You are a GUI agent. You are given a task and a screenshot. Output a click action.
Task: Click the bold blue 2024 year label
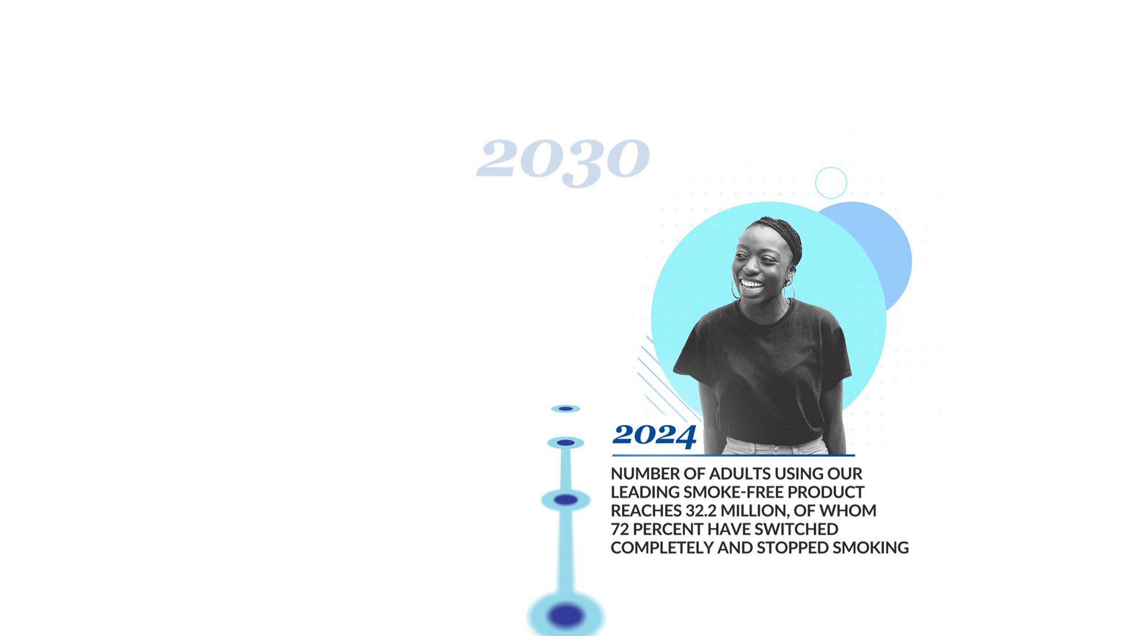(654, 436)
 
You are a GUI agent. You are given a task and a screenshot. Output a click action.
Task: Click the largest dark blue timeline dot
(565, 615)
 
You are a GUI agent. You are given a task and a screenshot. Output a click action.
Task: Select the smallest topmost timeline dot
(565, 409)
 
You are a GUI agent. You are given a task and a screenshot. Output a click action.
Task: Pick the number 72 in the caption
(620, 529)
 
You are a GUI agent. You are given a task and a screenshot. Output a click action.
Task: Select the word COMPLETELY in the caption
(662, 548)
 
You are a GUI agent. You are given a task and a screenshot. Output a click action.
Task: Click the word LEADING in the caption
(645, 492)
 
